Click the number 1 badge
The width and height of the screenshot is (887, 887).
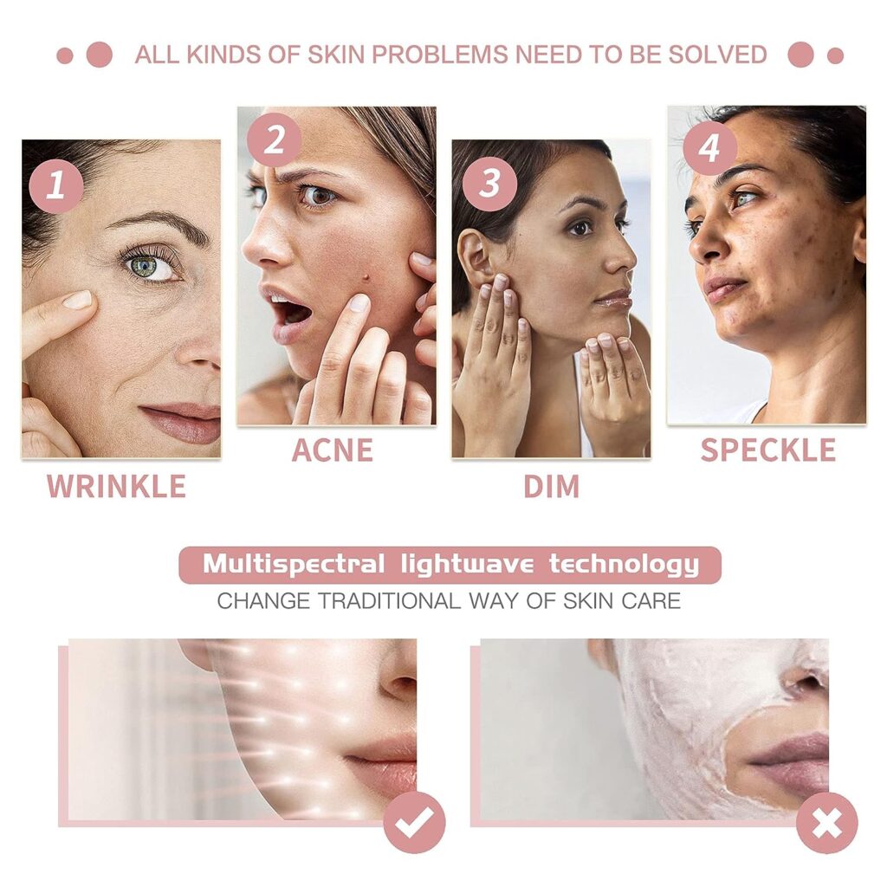[x=56, y=185]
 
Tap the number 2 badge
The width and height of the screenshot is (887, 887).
[x=274, y=139]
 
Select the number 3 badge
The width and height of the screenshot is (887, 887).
[x=489, y=184]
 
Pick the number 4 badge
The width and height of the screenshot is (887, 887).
[x=709, y=148]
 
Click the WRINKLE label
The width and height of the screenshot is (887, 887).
[x=117, y=487]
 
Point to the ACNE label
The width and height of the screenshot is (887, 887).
[x=332, y=450]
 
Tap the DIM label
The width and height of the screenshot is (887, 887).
[x=552, y=487]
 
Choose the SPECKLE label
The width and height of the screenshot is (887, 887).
[x=767, y=450]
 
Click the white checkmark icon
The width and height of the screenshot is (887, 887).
[x=414, y=823]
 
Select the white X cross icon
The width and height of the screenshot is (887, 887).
[x=826, y=823]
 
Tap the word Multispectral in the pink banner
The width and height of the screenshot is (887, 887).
[x=294, y=564]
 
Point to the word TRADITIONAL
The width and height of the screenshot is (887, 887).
[x=389, y=601]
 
